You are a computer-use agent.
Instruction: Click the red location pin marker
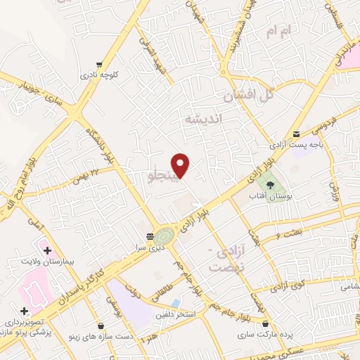[181, 165]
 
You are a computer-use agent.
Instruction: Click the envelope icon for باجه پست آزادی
[296, 134]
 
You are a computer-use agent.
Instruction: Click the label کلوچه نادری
[96, 74]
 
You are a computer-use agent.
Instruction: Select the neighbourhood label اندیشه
[202, 120]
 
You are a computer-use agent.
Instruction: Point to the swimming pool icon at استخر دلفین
[175, 302]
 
